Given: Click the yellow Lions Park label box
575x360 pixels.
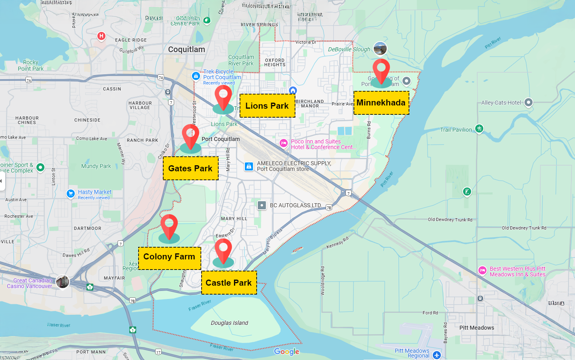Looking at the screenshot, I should point(267,106).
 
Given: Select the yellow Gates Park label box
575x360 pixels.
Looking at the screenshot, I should point(190,168).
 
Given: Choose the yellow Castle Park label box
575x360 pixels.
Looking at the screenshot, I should point(229,283).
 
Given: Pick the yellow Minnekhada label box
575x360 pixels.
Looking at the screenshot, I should point(381,103).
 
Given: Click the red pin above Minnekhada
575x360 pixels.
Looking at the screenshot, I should point(381,70).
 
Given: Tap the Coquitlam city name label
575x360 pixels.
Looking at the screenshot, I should point(186,49).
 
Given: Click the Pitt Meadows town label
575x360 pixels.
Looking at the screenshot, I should point(476,328).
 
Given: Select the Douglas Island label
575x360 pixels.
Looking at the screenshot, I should point(229,323).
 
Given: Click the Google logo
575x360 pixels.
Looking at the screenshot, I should point(286,352).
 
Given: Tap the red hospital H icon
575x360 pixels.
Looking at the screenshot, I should point(101,36).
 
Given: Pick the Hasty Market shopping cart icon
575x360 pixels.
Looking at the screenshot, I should point(71,194).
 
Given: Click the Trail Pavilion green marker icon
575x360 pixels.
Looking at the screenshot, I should point(479,129).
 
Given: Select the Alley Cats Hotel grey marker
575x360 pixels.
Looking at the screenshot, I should point(529,103).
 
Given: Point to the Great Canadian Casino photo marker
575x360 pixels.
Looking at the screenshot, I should point(63,282).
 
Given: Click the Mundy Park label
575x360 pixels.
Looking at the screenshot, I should point(96,166).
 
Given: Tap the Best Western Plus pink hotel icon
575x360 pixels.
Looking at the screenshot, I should point(482,271).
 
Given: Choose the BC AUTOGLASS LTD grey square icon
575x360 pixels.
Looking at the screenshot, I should point(262,206).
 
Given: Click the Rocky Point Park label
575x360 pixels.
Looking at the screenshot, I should point(30,65).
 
